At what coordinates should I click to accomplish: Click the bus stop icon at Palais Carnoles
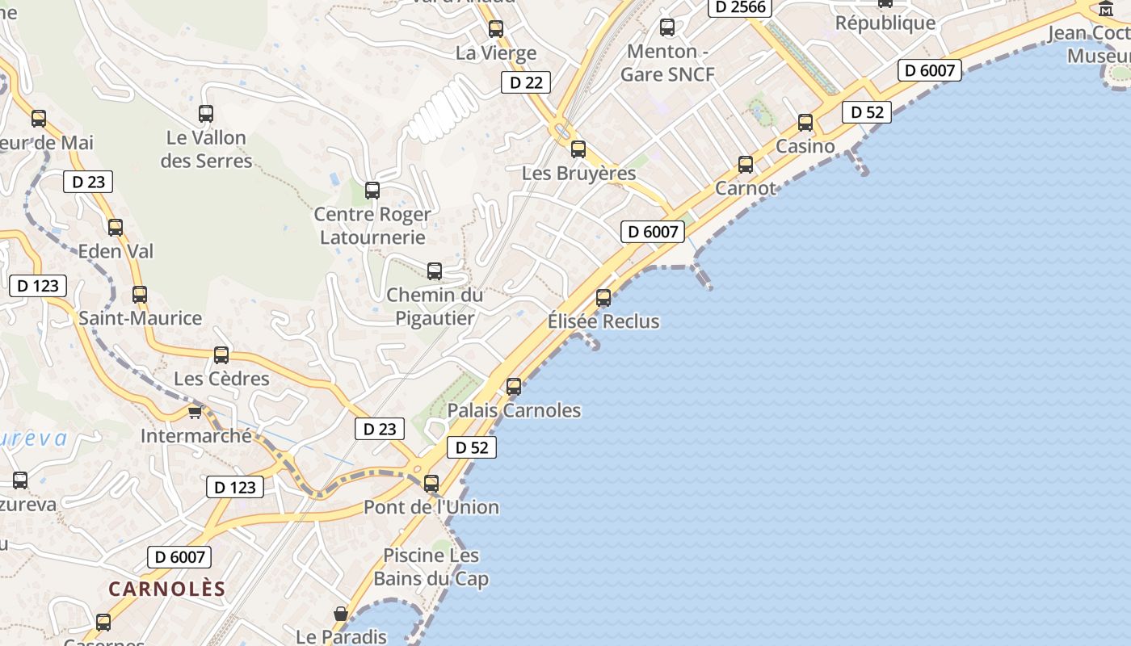pos(514,387)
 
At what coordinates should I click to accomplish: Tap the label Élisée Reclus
pos(603,321)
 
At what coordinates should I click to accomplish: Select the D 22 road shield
pos(526,82)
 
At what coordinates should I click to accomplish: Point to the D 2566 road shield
pos(741,7)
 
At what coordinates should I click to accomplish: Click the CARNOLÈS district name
pos(167,589)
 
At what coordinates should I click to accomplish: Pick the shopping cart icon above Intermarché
pos(195,413)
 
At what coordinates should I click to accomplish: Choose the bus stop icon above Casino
pos(805,123)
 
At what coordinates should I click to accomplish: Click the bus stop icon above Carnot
pos(746,165)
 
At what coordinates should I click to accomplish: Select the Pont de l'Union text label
pos(431,507)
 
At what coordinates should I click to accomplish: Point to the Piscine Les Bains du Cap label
pos(431,567)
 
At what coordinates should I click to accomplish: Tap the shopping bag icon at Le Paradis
pos(341,615)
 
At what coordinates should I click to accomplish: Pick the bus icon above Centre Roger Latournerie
pos(372,191)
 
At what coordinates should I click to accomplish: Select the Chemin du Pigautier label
pos(435,306)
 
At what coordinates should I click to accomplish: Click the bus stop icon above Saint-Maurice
pos(140,295)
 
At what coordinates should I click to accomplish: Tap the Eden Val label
pos(116,251)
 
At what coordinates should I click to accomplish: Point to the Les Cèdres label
pos(221,379)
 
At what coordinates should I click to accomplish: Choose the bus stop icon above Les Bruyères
pos(578,149)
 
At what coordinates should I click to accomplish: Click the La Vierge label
pos(496,53)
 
